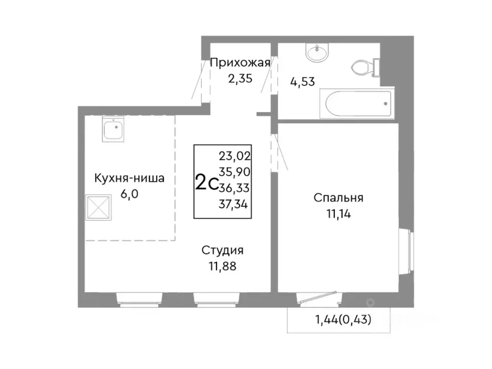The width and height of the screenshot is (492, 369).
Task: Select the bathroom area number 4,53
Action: click(302, 81)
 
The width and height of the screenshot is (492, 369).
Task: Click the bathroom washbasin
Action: click(317, 53)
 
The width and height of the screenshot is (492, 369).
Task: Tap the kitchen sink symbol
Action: click(114, 129)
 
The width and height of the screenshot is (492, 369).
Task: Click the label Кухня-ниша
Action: click(129, 179)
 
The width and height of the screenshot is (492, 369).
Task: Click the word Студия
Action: click(222, 250)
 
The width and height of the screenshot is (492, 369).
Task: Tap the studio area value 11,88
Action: click(222, 266)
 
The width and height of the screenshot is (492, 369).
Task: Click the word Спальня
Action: click(338, 198)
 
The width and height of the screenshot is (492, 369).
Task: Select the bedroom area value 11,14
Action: click(338, 214)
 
